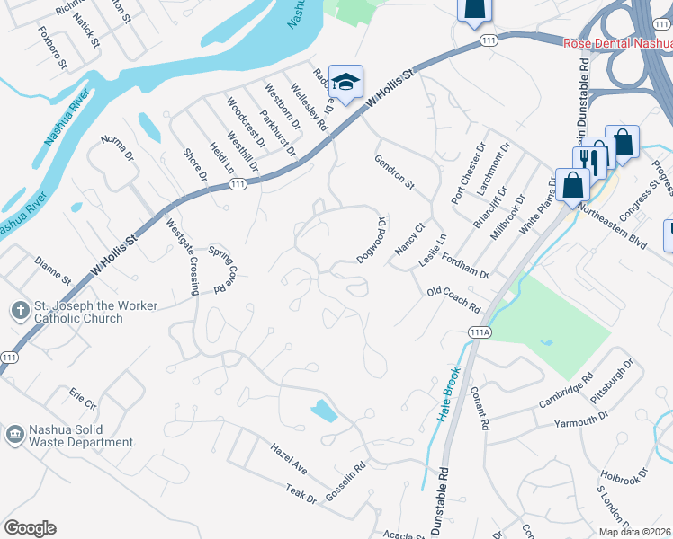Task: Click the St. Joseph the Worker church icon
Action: (20, 311)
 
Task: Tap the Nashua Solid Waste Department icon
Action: (14, 436)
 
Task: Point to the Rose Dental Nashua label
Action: (617, 43)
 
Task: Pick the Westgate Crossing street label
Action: (184, 257)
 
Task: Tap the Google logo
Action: (31, 528)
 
